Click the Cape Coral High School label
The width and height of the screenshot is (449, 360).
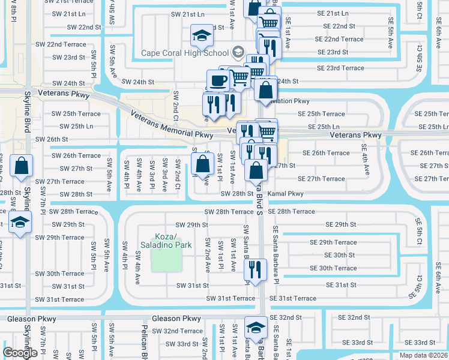pos(185,52)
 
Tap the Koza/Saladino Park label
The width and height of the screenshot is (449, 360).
pos(165,241)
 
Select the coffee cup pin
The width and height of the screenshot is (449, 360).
pos(217,80)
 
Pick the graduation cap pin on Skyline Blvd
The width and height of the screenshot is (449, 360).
pos(20,223)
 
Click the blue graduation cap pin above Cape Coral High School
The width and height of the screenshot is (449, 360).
pos(202,36)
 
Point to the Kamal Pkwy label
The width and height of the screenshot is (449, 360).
pos(286,194)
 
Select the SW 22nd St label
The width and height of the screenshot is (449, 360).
pos(84,27)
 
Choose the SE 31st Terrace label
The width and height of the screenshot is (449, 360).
pos(292,298)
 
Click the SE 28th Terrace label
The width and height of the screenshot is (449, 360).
pos(292,211)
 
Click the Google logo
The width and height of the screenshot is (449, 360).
pos(20,353)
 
